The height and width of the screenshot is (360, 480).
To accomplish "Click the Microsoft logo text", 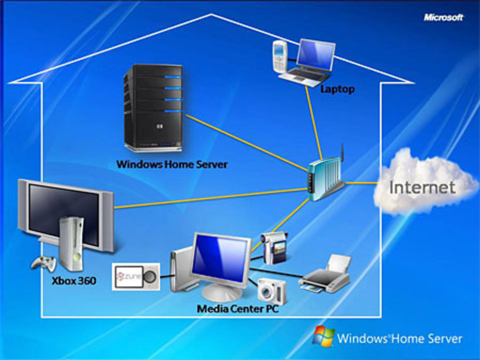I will click(x=444, y=17).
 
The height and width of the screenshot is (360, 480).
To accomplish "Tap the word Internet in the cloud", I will click(x=422, y=187).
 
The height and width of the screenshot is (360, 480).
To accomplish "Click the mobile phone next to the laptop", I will click(x=280, y=57).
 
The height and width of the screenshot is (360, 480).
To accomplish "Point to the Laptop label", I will click(x=337, y=89).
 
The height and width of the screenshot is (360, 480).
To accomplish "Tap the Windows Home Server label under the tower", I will click(x=172, y=164).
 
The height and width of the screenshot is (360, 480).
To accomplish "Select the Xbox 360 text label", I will click(x=74, y=280).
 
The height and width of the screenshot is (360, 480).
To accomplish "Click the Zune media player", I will click(x=136, y=277).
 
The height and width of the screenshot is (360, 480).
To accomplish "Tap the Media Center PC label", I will click(x=237, y=309).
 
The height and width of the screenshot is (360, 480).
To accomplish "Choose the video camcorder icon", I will click(x=275, y=247).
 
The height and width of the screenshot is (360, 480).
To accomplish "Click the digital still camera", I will click(x=272, y=291).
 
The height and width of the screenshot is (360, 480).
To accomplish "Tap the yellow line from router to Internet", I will click(x=360, y=183).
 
